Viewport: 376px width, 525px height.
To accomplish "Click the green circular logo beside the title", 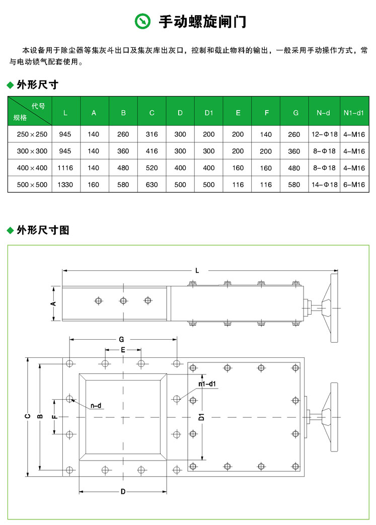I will pos(143,21).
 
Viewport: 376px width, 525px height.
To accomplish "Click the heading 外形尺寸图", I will pos(43,231).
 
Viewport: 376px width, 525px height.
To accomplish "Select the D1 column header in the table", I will pos(209,113).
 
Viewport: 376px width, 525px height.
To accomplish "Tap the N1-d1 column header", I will pos(353,113).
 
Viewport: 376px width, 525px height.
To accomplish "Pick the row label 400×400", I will pos(32,168).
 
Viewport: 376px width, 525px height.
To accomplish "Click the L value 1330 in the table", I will pos(65,185).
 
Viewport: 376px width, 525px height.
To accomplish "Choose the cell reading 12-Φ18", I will pos(323,134).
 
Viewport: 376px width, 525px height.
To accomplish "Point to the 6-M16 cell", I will pos(353,185).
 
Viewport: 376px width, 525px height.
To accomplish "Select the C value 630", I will pos(152,185).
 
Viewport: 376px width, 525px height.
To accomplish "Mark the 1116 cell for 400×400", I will pos(65,168).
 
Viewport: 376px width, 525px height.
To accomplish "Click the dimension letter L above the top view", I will pos(197,271).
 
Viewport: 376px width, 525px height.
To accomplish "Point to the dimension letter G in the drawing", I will pos(121,340).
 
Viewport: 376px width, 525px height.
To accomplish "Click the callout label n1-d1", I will pos(207,384).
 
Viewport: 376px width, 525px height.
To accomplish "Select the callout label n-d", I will pos(96,405).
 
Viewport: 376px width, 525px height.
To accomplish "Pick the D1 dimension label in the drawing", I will pos(200,417).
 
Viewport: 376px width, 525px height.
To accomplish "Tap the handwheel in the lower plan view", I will pos(334,417).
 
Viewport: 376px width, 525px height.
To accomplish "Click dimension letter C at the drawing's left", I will pos(28,416).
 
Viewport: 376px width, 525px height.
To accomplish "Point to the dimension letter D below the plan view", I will pos(122,492).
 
